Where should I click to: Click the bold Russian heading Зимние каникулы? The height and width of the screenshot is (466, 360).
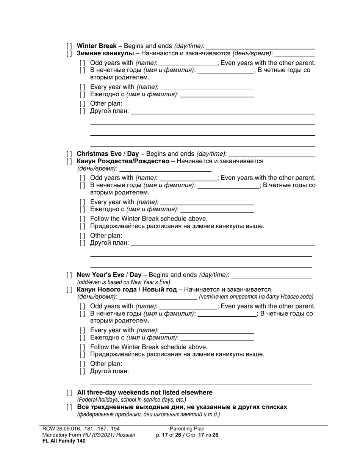coord(105,53)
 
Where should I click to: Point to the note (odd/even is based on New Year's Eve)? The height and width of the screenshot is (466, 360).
coord(124,282)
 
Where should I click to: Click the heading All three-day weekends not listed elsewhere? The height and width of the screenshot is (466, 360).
coord(144,393)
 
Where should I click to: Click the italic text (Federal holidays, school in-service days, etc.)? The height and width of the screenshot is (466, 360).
coord(131,400)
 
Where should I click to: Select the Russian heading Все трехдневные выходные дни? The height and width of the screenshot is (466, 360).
coord(182,407)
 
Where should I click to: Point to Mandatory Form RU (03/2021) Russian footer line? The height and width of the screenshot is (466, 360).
coord(89,435)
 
